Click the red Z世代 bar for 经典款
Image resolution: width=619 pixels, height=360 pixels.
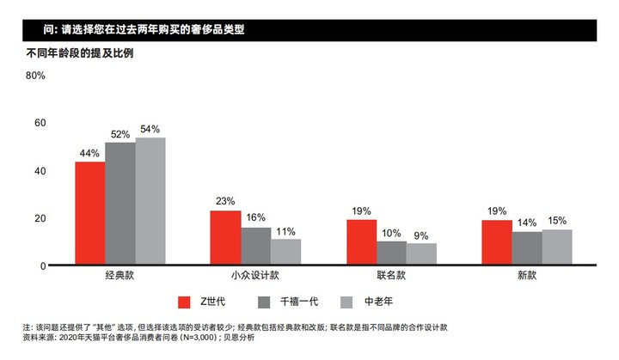[89, 213]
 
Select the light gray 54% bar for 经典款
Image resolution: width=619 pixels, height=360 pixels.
[150, 201]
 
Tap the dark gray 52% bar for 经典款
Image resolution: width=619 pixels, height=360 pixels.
[120, 204]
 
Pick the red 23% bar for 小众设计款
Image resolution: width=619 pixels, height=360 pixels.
[225, 238]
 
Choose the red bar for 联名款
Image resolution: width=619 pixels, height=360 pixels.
[361, 242]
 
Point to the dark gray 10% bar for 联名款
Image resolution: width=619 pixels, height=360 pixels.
[391, 253]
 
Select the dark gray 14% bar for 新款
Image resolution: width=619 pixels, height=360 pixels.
[527, 248]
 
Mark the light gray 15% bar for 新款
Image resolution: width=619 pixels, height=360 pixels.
[557, 247]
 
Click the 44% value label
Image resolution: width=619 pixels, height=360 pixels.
[89, 153]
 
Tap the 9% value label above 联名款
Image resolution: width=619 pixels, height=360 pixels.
[421, 235]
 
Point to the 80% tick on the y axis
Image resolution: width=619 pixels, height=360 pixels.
[35, 76]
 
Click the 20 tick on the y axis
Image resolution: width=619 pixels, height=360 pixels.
[40, 218]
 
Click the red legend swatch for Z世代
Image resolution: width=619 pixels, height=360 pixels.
[184, 302]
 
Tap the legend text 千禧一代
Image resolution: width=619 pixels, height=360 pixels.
[301, 302]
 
